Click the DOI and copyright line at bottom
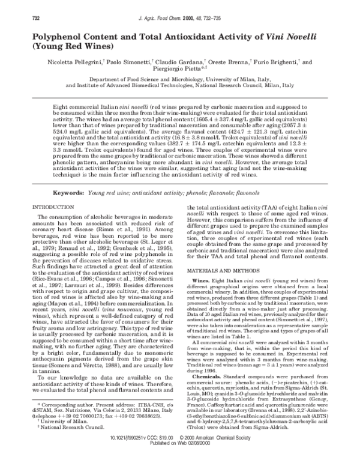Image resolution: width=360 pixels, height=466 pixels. click(x=180, y=455)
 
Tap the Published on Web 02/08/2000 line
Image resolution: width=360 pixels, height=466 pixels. click(x=180, y=460)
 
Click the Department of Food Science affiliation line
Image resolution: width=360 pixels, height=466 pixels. click(x=180, y=79)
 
